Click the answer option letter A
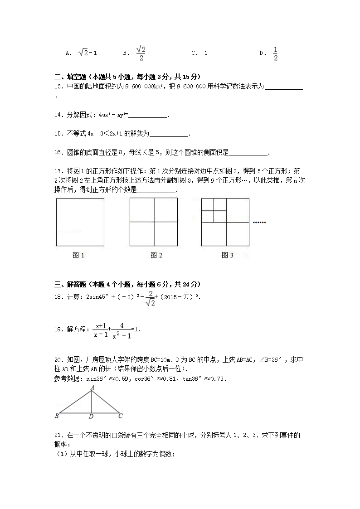[68, 53]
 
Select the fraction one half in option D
[275, 53]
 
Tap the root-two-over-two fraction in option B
[141, 53]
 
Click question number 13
[58, 86]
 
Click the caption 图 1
[79, 255]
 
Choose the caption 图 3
[228, 255]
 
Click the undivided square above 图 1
[80, 222]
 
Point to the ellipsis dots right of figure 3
[259, 223]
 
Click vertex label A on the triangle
[92, 387]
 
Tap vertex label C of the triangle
[120, 415]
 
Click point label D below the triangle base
[91, 416]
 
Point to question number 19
[58, 330]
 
